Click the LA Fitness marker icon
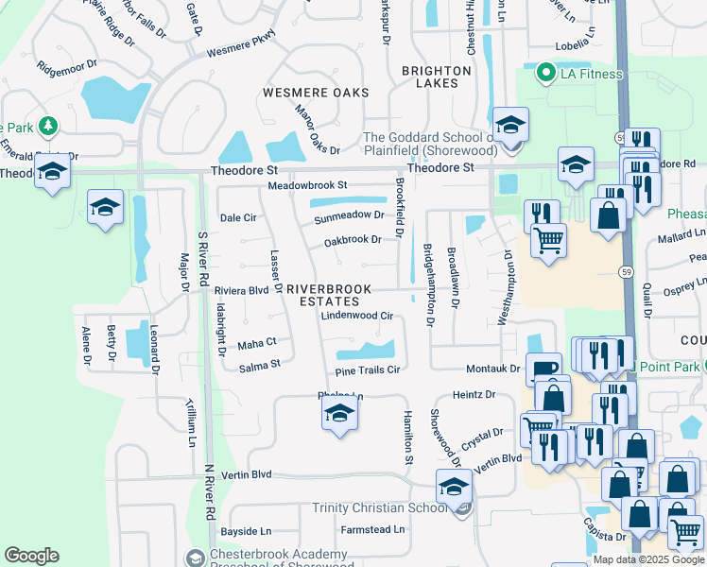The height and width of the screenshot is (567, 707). click(x=544, y=73)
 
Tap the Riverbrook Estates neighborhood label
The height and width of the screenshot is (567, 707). click(x=324, y=294)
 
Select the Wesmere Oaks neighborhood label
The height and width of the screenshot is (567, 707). click(x=315, y=93)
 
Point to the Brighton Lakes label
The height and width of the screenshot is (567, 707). click(x=436, y=77)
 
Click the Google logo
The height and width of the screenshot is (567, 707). click(x=31, y=556)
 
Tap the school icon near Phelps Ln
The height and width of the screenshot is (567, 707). click(x=339, y=415)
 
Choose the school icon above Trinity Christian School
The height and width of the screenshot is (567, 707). click(x=454, y=487)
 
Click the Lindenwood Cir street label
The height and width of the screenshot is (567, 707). click(x=356, y=316)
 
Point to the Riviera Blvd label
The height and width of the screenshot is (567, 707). click(x=241, y=290)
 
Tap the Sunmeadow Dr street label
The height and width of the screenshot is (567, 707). click(x=350, y=215)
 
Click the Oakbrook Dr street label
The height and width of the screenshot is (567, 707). click(x=352, y=240)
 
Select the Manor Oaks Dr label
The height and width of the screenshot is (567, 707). click(x=317, y=130)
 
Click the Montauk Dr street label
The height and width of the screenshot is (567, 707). click(x=492, y=369)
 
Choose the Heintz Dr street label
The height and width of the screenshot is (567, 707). click(x=474, y=394)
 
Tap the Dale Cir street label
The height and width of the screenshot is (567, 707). click(x=238, y=217)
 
